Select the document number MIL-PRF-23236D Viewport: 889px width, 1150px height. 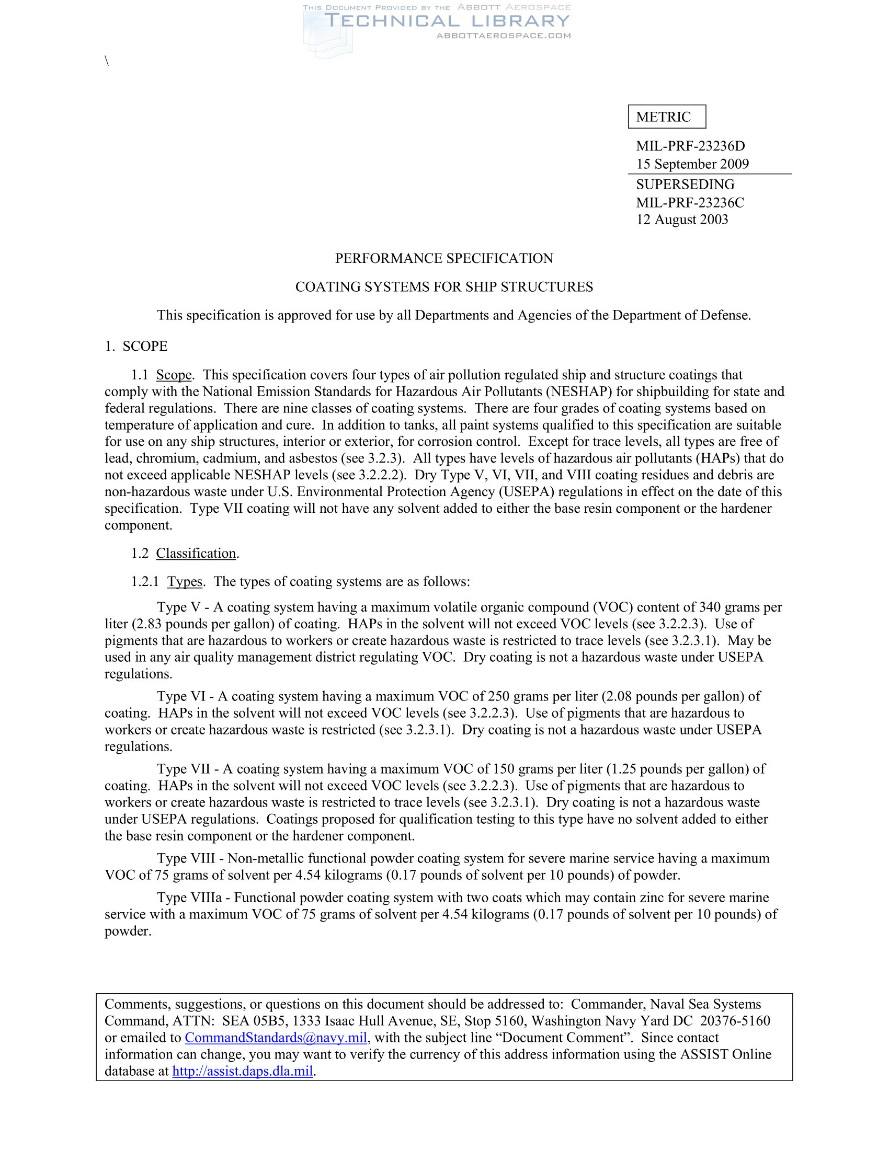(x=690, y=146)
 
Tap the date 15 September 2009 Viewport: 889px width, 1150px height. (x=692, y=164)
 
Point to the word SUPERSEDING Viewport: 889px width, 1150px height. (x=685, y=185)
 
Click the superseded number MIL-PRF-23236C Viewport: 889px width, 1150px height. (x=690, y=202)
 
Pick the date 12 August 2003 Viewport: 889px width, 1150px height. (x=681, y=220)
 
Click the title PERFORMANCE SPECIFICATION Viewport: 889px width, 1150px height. (x=444, y=258)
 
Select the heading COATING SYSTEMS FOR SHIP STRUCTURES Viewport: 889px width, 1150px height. (x=444, y=286)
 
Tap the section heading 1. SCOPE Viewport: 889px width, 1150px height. (x=136, y=346)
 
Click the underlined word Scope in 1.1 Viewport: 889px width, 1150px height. (x=174, y=375)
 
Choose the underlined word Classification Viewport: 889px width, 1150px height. (x=196, y=553)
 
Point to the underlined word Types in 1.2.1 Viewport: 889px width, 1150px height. (x=185, y=581)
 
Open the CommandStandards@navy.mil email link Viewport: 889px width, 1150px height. (x=276, y=1037)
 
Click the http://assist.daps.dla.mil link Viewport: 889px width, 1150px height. (x=243, y=1071)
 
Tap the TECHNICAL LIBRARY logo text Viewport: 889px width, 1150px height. (x=447, y=21)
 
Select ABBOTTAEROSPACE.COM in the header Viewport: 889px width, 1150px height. (x=504, y=36)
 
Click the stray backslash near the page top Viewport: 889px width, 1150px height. (x=107, y=61)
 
